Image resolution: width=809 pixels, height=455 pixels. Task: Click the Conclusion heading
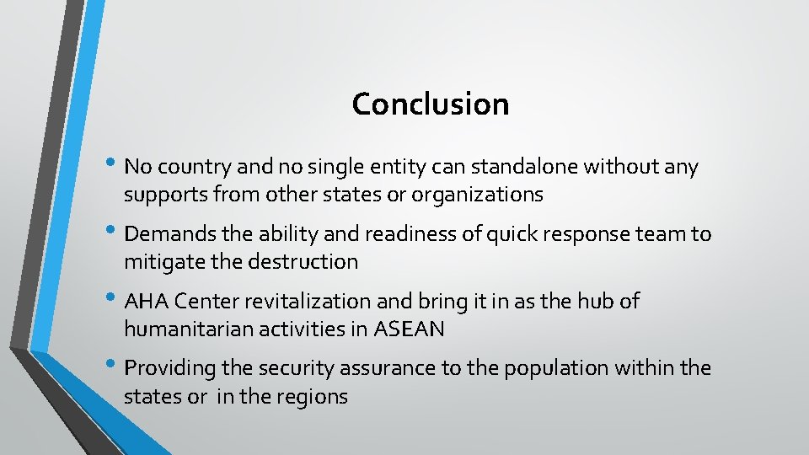pyautogui.click(x=431, y=104)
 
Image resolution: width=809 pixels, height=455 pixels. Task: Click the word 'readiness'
pyautogui.click(x=360, y=234)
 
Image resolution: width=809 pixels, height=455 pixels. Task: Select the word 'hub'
pyautogui.click(x=593, y=301)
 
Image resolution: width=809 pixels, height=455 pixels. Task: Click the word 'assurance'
pyautogui.click(x=372, y=368)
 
